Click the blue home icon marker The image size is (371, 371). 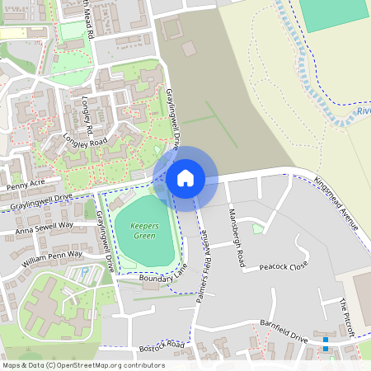[x=185, y=178]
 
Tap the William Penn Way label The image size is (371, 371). [x=53, y=260]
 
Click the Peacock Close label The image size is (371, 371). [x=283, y=267]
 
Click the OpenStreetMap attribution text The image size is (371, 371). [x=83, y=364]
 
